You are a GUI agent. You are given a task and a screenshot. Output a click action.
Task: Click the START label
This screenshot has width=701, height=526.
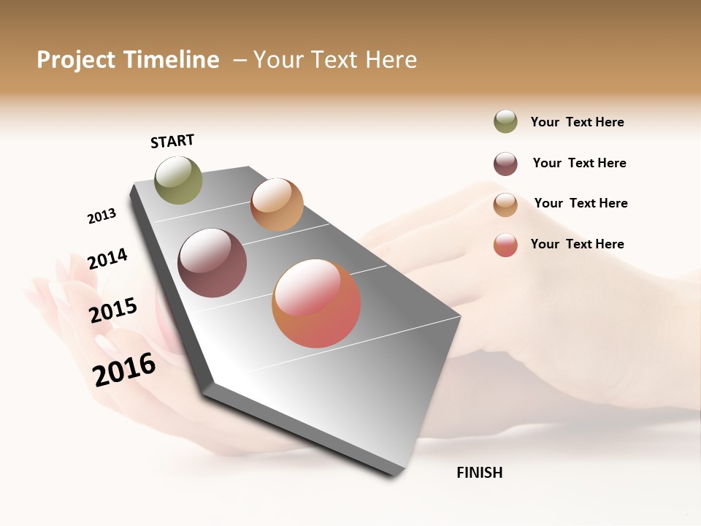tap(172, 141)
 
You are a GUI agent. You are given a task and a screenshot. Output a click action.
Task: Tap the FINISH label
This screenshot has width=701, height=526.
tap(480, 473)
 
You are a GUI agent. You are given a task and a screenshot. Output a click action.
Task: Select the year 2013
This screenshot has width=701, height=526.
tap(101, 216)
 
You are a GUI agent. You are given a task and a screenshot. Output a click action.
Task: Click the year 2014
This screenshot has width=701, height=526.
tap(107, 259)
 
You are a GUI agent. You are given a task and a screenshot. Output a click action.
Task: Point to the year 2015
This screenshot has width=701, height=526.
tap(113, 310)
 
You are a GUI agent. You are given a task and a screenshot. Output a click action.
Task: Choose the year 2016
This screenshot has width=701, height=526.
tap(124, 370)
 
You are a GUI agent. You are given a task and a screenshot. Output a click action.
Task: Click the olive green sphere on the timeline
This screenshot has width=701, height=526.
tap(178, 180)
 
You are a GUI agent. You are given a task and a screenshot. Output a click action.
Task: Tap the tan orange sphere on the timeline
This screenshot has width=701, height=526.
tap(277, 205)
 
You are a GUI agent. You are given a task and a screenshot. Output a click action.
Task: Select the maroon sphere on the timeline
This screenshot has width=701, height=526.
tap(212, 263)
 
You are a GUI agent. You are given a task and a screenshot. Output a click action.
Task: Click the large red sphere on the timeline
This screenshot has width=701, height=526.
tap(316, 303)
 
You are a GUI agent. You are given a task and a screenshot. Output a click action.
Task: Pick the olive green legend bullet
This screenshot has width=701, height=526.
tap(505, 122)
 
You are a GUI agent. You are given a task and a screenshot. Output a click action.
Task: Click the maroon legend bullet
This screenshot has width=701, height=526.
tap(505, 164)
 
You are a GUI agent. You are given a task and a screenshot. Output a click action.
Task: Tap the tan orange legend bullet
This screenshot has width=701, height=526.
tap(505, 205)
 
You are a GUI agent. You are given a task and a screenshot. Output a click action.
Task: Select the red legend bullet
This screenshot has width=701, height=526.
tap(505, 245)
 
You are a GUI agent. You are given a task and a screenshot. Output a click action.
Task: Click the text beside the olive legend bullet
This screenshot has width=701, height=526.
tap(577, 123)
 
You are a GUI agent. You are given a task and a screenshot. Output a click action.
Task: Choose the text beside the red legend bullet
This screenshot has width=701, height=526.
tap(577, 244)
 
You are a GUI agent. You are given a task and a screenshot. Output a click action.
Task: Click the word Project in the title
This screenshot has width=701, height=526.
tap(76, 60)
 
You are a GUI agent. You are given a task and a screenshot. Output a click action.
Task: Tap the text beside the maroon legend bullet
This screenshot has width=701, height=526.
tap(579, 163)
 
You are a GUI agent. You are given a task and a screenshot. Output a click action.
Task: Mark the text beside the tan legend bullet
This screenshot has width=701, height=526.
tap(581, 203)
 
